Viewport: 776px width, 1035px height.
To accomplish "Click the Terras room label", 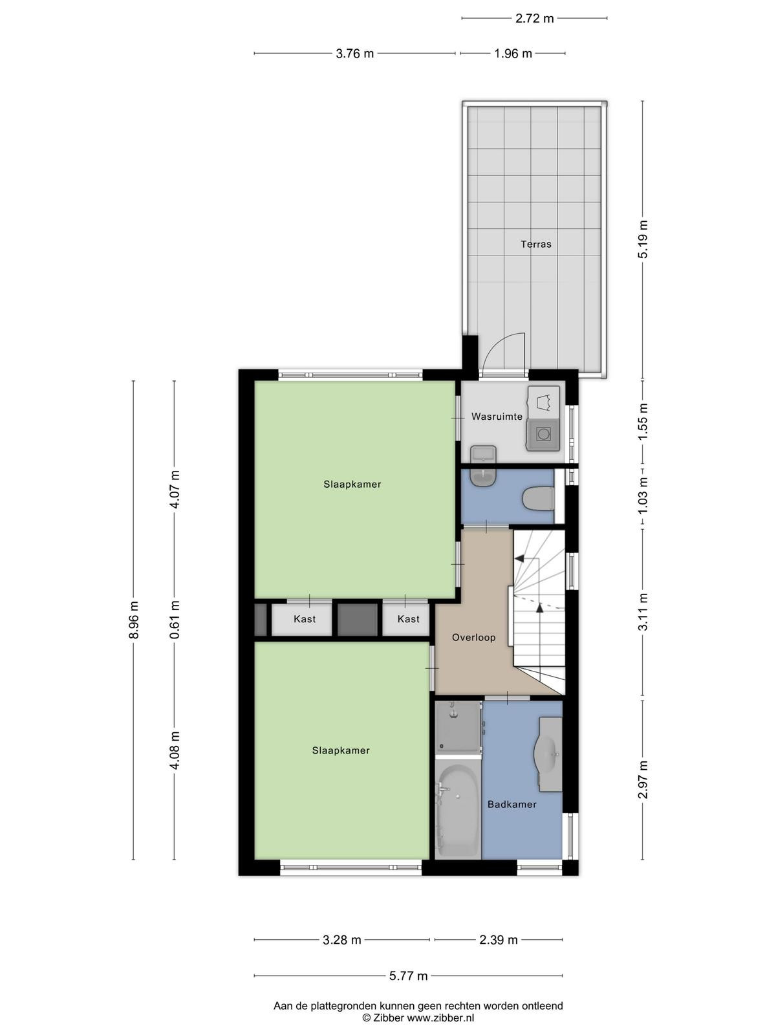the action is (x=535, y=245).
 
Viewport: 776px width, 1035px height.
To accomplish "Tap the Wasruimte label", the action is (x=497, y=417).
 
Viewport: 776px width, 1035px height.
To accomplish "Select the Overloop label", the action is (x=473, y=638).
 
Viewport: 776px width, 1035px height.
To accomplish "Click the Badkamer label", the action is (x=512, y=805).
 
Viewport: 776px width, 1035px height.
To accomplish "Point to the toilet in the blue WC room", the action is (x=539, y=498).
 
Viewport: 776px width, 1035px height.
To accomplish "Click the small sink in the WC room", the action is (x=484, y=477).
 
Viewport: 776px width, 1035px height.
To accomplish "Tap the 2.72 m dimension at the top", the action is (x=534, y=18).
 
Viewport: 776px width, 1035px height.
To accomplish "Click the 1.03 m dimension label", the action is (x=643, y=496).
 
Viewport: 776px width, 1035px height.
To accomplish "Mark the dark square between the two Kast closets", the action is (x=358, y=620).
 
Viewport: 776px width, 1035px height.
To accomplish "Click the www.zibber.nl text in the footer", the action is (x=440, y=1018).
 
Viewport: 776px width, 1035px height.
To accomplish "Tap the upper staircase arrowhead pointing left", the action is (x=519, y=558).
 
